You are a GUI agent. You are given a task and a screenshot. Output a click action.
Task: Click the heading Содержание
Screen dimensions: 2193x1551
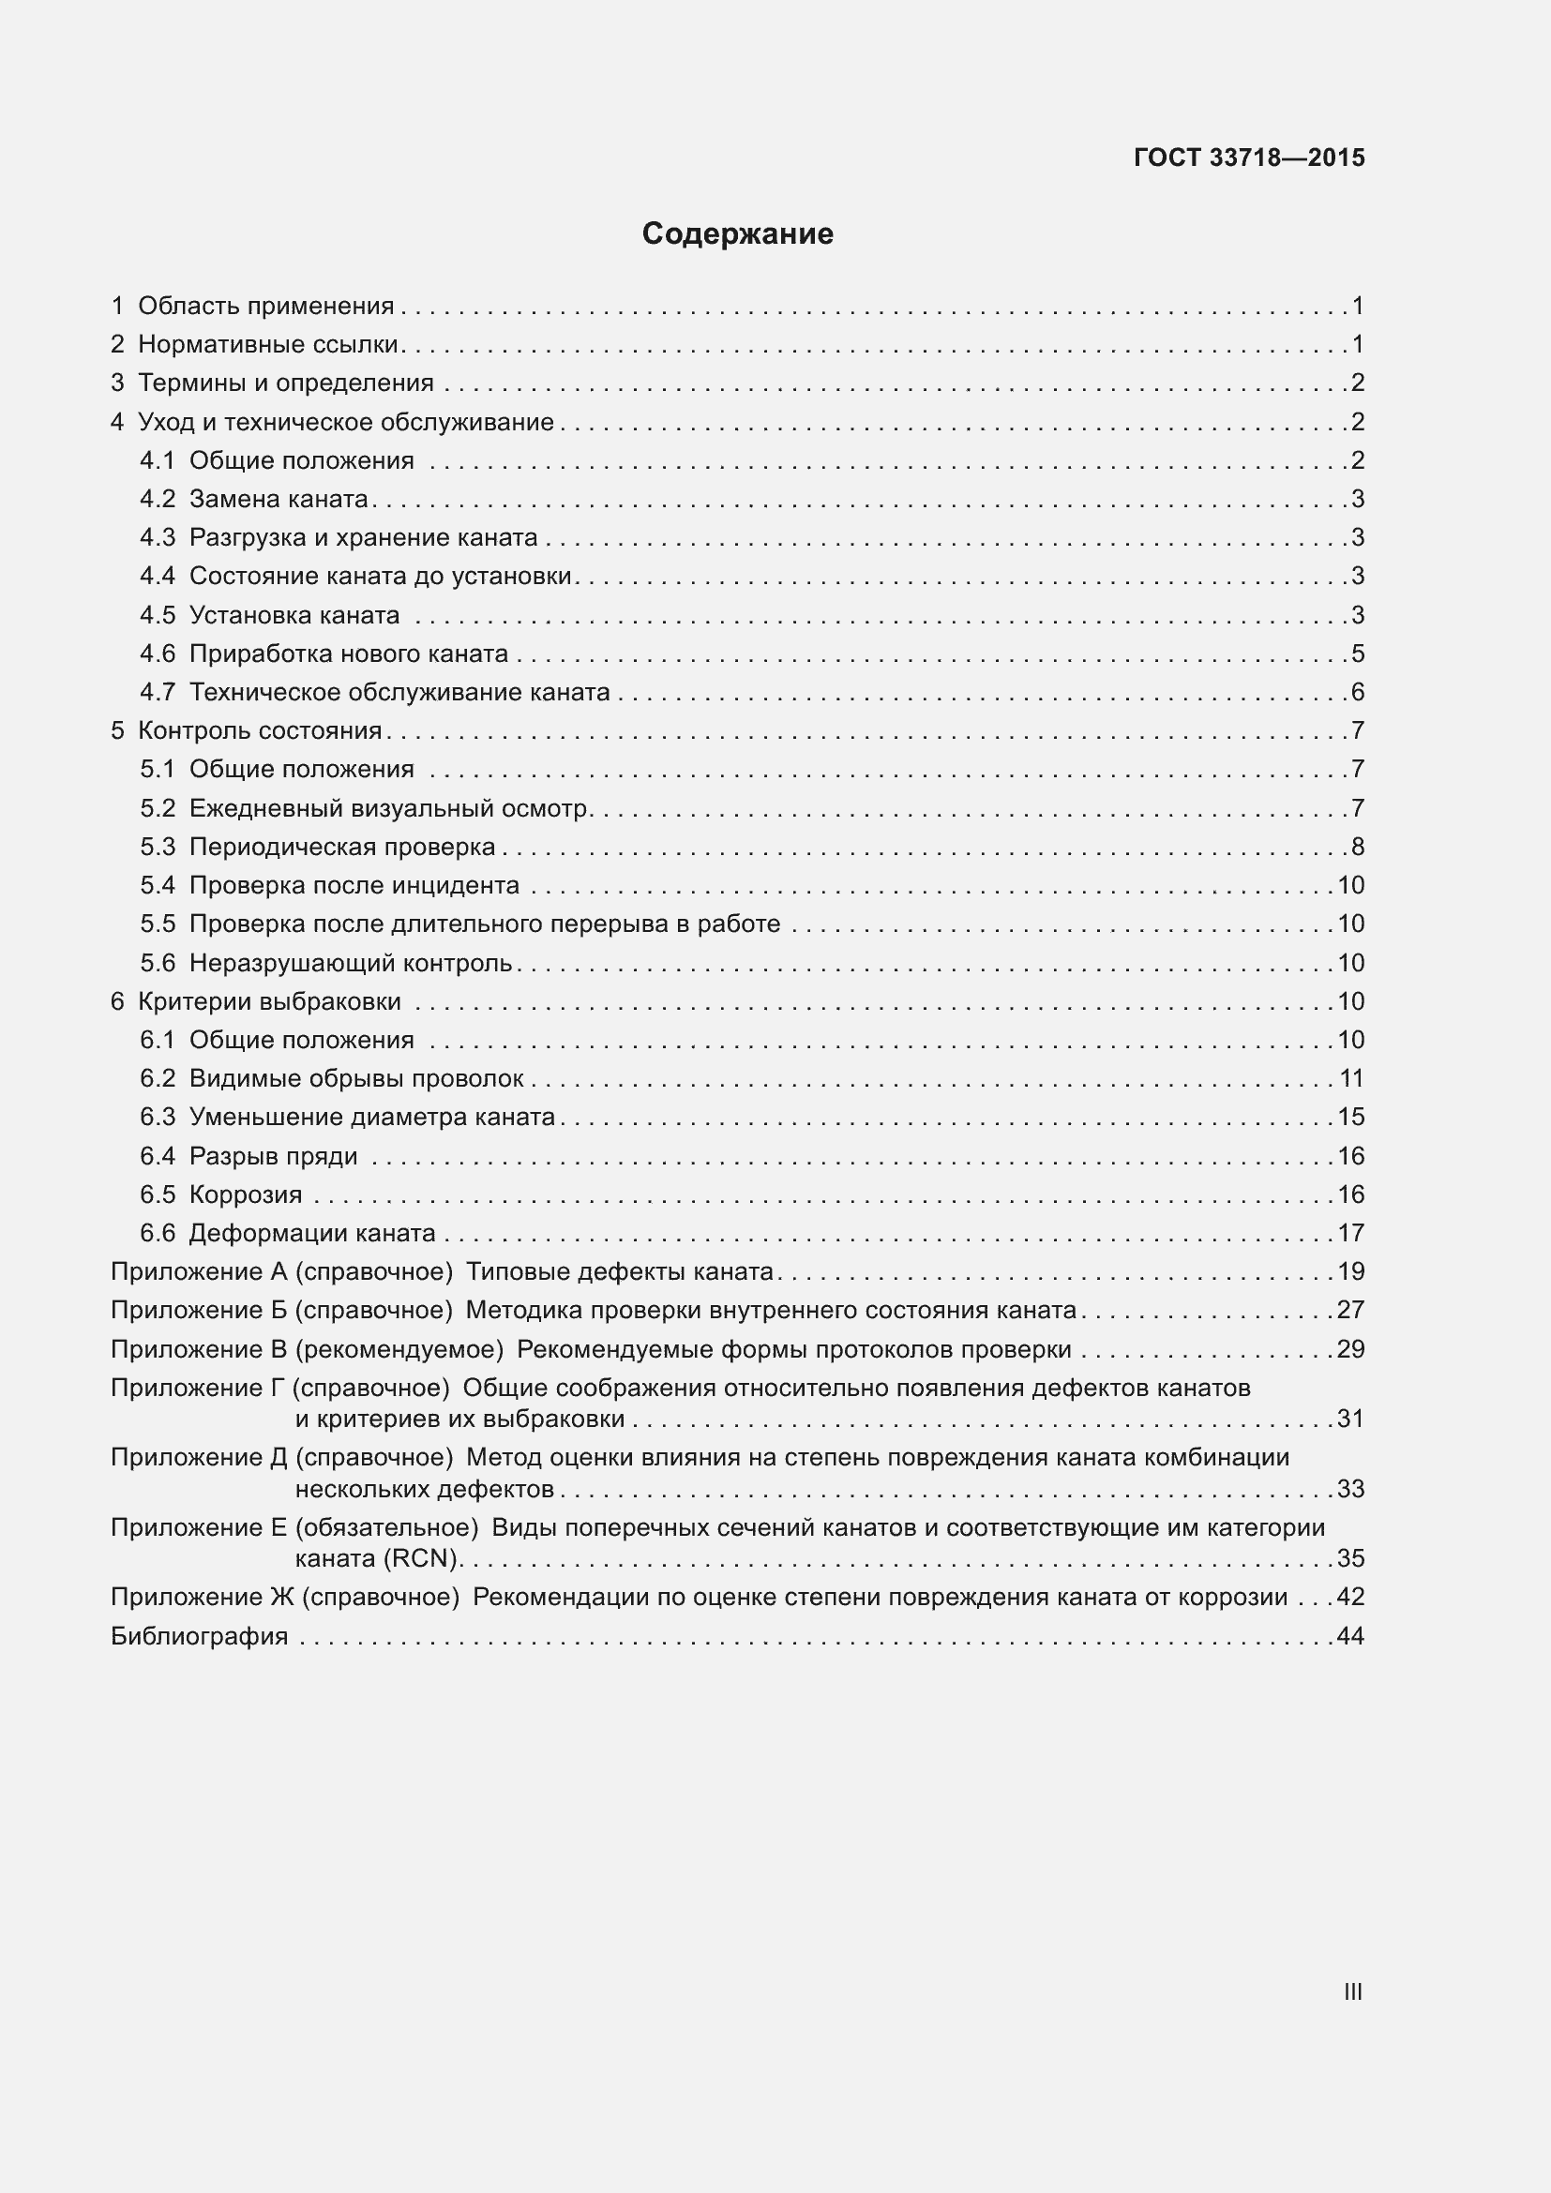pyautogui.click(x=737, y=234)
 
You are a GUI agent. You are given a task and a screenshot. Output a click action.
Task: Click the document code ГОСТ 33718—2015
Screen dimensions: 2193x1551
pyautogui.click(x=1248, y=158)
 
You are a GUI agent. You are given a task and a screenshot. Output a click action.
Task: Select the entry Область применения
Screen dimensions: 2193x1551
pyautogui.click(x=265, y=306)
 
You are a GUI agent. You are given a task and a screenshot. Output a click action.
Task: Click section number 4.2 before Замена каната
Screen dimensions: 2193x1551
pyautogui.click(x=158, y=499)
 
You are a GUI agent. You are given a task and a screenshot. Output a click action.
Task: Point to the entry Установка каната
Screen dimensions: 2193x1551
pyautogui.click(x=294, y=615)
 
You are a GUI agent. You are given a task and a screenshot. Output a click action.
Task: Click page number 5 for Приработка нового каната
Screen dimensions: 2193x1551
pyautogui.click(x=1357, y=653)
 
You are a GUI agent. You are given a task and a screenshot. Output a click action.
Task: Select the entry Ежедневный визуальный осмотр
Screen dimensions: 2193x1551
pyautogui.click(x=390, y=808)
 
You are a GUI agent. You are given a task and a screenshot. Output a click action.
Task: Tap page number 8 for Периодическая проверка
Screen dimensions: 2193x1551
pyautogui.click(x=1357, y=847)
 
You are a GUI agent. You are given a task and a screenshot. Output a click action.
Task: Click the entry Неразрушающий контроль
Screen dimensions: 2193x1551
pyautogui.click(x=351, y=963)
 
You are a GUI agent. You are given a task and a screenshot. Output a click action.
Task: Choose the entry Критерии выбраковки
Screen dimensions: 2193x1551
pyautogui.click(x=269, y=1001)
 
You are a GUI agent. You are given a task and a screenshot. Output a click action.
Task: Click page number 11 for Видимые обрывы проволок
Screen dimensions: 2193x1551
pyautogui.click(x=1350, y=1078)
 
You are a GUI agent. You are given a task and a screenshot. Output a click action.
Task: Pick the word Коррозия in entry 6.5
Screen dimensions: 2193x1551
pyautogui.click(x=246, y=1194)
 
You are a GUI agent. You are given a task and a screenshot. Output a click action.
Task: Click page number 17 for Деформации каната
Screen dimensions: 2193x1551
pyautogui.click(x=1350, y=1233)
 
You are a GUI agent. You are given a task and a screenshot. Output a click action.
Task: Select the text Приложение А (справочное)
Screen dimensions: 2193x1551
pyautogui.click(x=281, y=1271)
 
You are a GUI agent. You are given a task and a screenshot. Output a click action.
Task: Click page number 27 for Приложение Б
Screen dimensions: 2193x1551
pyautogui.click(x=1350, y=1310)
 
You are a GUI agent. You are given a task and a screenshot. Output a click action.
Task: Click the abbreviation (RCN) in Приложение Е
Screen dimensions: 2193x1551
pyautogui.click(x=421, y=1558)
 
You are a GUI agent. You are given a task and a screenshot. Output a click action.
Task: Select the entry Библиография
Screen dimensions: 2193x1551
pyautogui.click(x=199, y=1636)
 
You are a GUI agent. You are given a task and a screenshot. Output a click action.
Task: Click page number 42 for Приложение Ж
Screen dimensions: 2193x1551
pyautogui.click(x=1350, y=1597)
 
